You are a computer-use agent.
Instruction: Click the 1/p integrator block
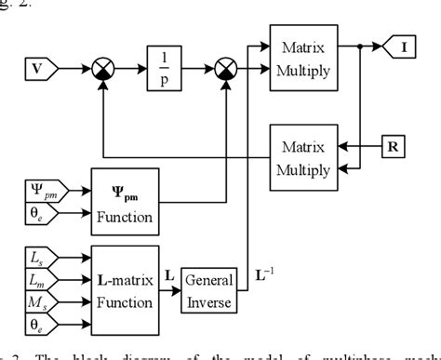166,68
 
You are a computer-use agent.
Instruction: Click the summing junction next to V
101,68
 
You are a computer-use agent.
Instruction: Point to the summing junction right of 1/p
224,68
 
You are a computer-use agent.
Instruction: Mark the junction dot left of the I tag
359,45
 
